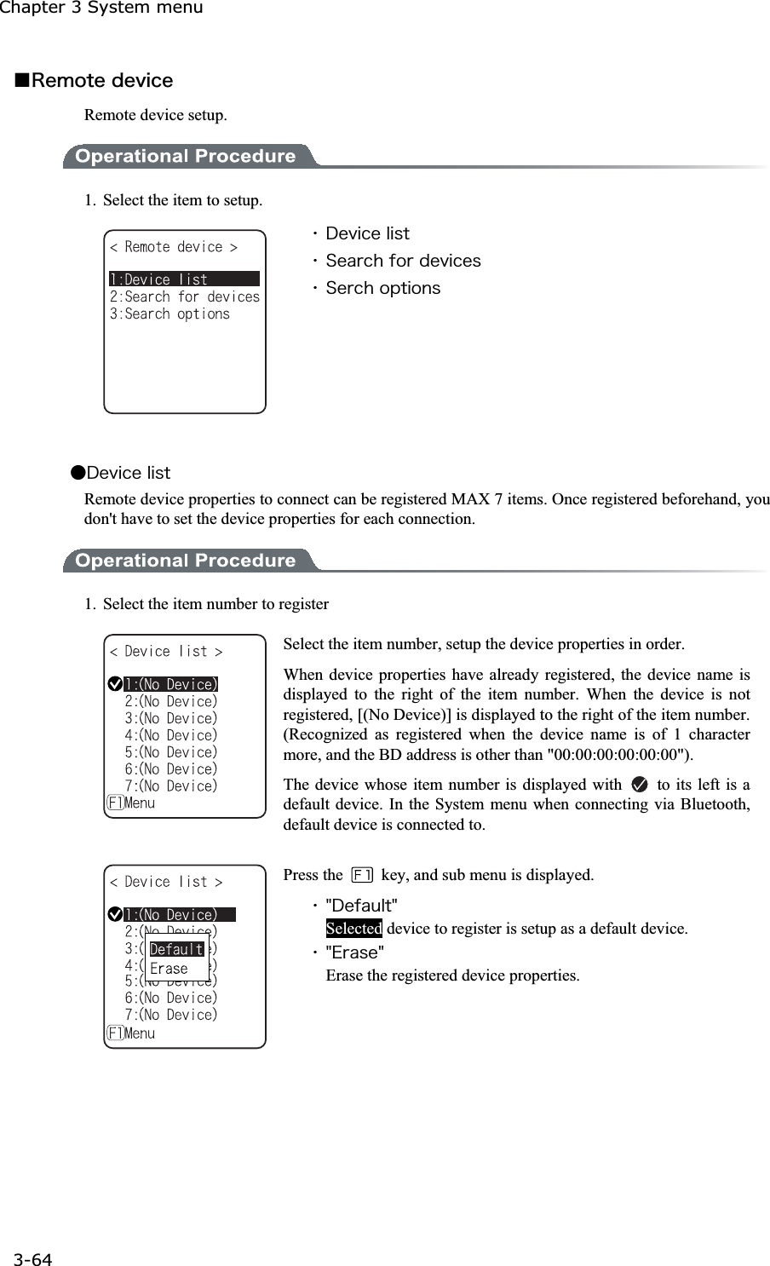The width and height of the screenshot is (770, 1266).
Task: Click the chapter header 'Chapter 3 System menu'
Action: pos(101,8)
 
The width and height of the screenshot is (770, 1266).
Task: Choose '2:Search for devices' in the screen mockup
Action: pos(184,296)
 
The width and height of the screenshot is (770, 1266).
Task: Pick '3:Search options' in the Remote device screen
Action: pos(170,314)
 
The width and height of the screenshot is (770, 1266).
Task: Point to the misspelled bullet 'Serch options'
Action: pos(382,288)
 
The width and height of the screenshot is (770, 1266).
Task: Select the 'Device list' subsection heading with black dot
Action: pos(121,473)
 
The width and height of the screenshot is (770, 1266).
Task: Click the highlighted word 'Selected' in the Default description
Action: pos(353,929)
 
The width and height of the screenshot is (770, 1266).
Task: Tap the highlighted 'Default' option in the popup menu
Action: pos(176,949)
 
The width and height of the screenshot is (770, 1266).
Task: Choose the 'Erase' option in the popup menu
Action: pos(169,969)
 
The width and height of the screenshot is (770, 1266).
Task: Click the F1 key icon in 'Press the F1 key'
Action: pos(362,875)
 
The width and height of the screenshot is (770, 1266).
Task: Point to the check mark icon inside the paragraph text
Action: pos(640,785)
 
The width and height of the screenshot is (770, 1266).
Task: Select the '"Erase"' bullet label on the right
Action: pos(355,952)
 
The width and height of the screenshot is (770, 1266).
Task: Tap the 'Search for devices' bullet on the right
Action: pos(403,261)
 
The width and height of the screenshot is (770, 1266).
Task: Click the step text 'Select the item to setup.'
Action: pos(182,201)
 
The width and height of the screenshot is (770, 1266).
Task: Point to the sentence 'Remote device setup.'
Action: pos(156,115)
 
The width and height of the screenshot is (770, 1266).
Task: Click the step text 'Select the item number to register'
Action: pos(215,605)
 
